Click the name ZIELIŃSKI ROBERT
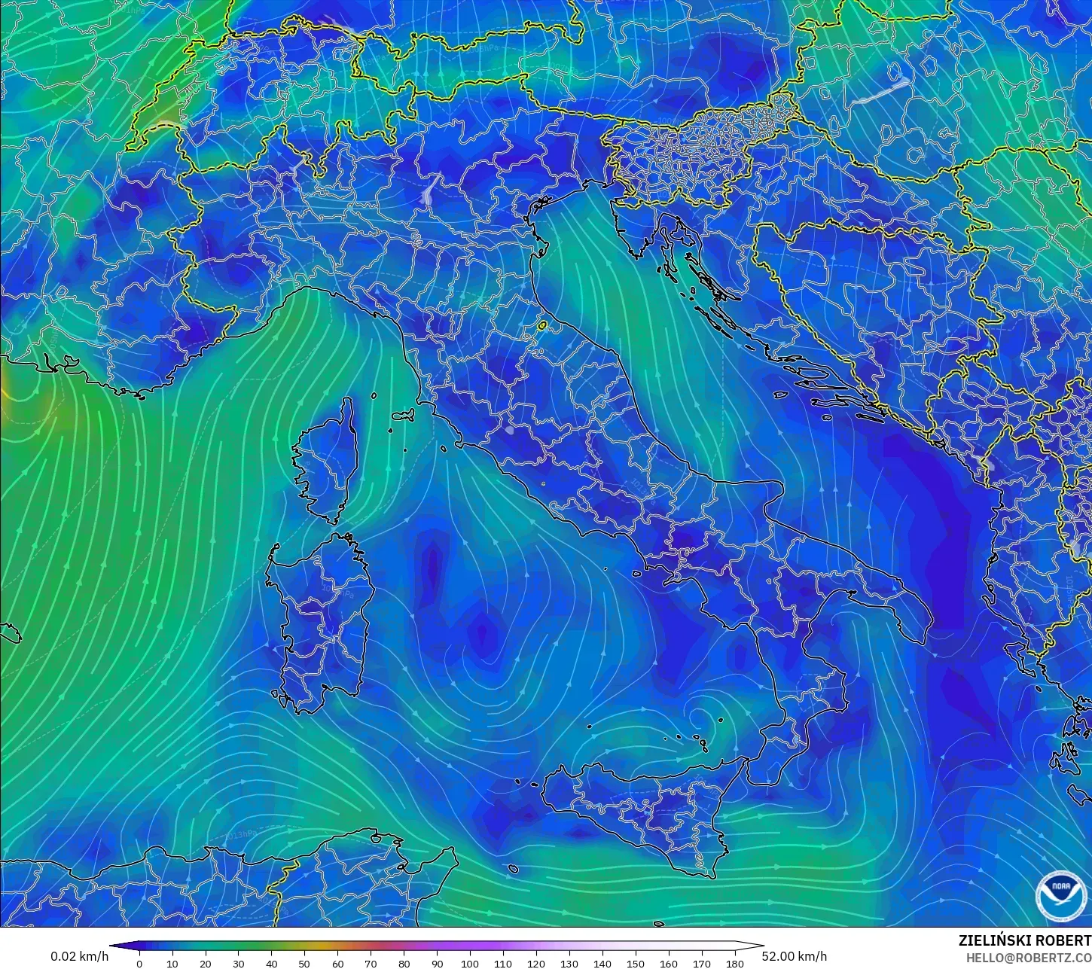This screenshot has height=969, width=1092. tap(1024, 940)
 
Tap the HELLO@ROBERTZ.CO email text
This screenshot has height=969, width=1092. tap(1029, 958)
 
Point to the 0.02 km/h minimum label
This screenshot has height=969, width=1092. tap(79, 956)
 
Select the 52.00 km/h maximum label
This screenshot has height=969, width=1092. tap(794, 956)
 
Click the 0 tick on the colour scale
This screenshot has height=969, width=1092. tap(139, 963)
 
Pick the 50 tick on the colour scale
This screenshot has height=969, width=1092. tap(304, 963)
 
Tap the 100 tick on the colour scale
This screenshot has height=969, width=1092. tap(470, 963)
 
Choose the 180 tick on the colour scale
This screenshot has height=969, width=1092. tap(734, 963)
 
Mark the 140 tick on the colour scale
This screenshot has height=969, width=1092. tap(602, 963)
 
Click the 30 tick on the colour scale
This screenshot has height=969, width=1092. tap(239, 963)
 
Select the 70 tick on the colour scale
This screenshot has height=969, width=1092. tap(371, 963)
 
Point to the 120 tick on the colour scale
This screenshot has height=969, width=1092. tap(536, 963)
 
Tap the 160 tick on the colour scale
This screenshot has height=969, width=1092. tap(668, 963)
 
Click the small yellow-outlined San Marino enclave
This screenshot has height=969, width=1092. tap(542, 326)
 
